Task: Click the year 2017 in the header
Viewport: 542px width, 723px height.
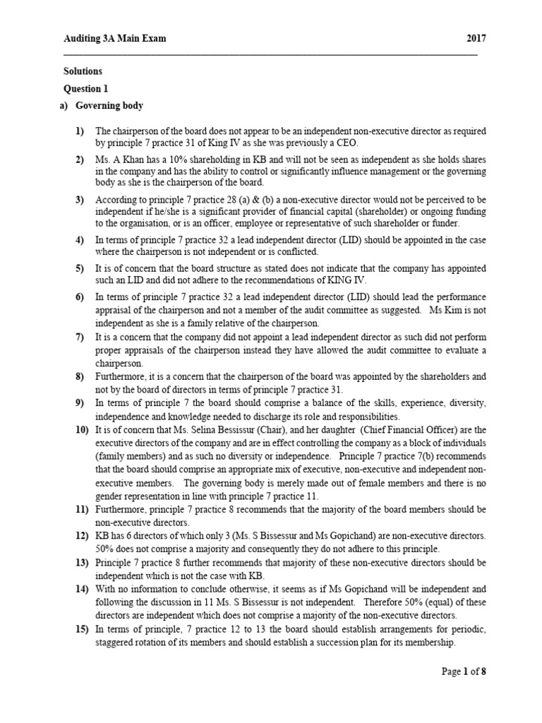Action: point(476,38)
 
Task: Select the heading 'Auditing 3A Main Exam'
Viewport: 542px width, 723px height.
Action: point(115,38)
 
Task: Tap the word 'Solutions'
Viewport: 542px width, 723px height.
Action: point(83,71)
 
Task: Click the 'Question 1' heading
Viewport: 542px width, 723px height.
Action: point(87,89)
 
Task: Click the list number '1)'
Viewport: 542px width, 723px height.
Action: point(80,131)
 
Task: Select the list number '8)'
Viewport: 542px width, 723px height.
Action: point(80,377)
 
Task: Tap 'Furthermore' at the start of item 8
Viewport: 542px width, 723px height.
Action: point(121,377)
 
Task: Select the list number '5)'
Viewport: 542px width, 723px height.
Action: point(80,268)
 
